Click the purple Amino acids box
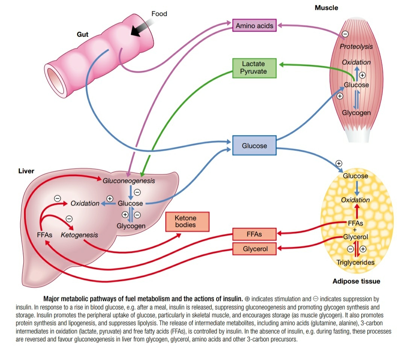(255, 26)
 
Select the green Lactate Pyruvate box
(254, 68)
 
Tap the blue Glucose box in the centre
(255, 146)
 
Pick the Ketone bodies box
(185, 222)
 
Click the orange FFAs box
(255, 234)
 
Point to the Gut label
(83, 35)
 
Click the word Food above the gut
(159, 14)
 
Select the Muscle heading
(326, 8)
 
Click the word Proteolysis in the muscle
(356, 47)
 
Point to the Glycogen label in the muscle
(356, 113)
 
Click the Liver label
(26, 171)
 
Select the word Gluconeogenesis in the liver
(129, 181)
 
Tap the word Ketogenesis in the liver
(79, 235)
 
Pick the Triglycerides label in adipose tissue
(356, 262)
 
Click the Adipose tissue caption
(356, 281)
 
